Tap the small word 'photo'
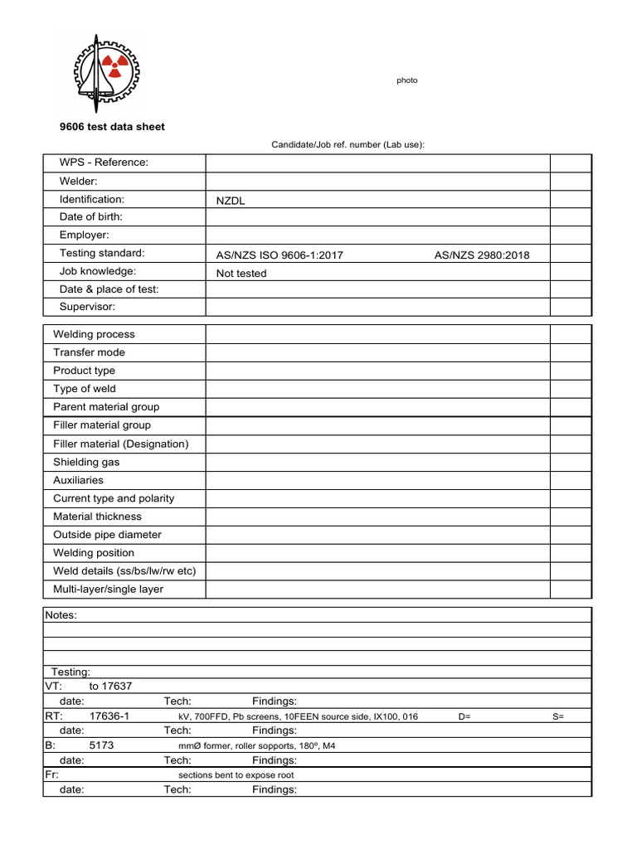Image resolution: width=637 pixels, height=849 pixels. coord(407,80)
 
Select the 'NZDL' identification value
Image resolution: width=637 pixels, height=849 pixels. coord(231,201)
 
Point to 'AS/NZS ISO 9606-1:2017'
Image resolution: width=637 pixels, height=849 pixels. coord(280,255)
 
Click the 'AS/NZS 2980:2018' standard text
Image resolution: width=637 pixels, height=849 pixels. coord(481,255)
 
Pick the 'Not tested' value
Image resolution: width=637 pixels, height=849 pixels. coord(241,273)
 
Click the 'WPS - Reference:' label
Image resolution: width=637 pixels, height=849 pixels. coord(104,163)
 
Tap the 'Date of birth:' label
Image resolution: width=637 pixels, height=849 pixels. coord(91,217)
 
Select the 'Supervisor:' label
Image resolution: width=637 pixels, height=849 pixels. coord(87,307)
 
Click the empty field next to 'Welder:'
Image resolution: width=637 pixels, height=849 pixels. coord(377,182)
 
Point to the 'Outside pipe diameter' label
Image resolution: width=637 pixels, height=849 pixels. coord(107,535)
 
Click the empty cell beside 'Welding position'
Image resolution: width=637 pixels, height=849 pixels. coord(377,553)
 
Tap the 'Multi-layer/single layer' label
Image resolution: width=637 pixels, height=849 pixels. coord(108,589)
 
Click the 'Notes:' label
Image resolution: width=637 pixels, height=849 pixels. coord(61,615)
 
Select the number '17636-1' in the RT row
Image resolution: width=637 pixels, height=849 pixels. coord(109,716)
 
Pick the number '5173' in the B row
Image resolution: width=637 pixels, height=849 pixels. coord(101,745)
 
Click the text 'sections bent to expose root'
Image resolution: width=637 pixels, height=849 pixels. coord(236,775)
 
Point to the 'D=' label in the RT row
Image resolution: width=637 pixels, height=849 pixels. coord(464,716)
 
